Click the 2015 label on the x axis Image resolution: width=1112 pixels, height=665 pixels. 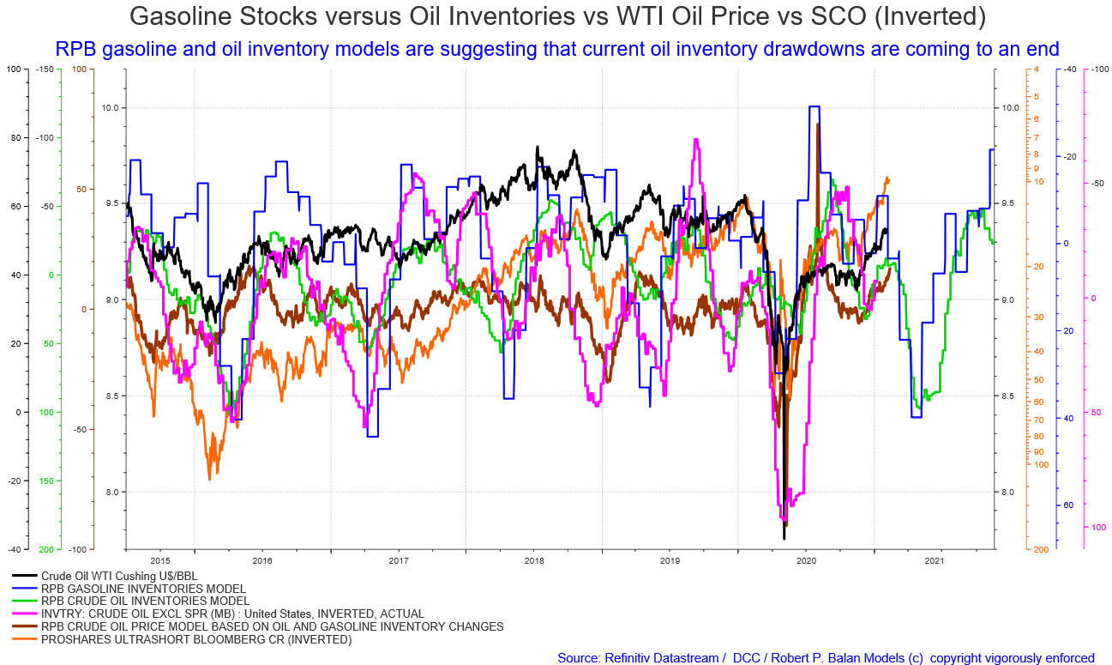tap(159, 560)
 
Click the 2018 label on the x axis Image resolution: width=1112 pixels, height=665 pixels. tap(534, 560)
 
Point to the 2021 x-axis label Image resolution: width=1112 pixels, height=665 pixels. tap(934, 560)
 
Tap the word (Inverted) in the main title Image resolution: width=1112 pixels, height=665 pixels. tap(929, 17)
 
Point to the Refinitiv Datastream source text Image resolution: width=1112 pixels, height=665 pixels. tap(638, 658)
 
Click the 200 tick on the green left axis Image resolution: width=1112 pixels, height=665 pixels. tap(46, 550)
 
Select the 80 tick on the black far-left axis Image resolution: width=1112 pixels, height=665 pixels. tap(16, 138)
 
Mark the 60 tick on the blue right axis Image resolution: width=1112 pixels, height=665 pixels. tap(1068, 505)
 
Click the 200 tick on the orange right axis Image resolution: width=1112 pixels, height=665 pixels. tap(1041, 550)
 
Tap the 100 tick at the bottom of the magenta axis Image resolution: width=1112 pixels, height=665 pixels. tap(1098, 528)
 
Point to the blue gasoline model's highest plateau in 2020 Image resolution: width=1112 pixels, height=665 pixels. tap(814, 106)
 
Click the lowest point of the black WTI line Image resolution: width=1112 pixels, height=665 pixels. tap(784, 539)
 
